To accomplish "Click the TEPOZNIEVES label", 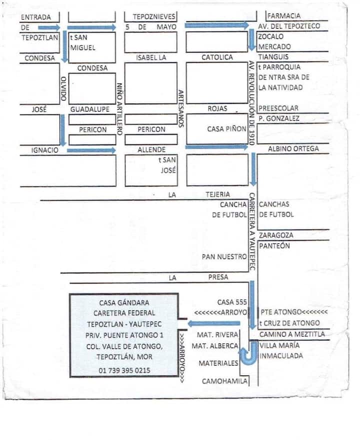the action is (154, 16).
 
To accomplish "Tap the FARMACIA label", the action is (284, 16).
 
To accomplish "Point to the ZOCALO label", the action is (271, 36).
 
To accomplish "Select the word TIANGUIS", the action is (273, 57).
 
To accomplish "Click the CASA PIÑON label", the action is (226, 129).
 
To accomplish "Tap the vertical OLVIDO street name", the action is (63, 88).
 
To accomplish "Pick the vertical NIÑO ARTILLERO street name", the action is (119, 109).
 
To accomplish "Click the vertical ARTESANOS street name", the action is (181, 108).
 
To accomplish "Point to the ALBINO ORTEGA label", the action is (293, 148).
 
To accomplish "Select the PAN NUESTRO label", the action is (224, 256).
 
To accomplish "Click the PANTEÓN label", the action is (274, 246).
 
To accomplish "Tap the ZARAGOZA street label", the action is (276, 235).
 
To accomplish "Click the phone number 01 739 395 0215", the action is (124, 370).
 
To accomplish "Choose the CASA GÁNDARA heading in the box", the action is (124, 302).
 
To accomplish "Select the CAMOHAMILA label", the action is (224, 381).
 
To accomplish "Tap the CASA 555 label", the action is (232, 302).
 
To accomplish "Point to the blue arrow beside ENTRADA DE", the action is (49, 27).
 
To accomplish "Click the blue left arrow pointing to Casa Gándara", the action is (214, 323).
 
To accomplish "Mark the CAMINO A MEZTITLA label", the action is (292, 334).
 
